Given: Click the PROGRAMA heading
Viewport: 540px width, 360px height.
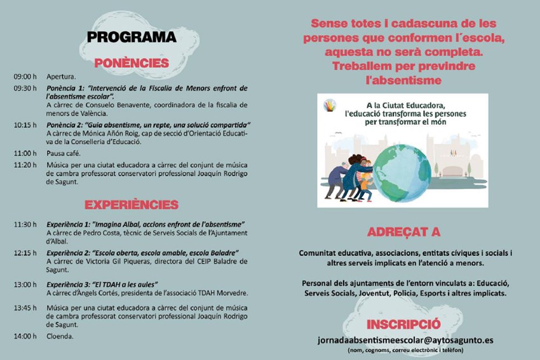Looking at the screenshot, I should [132, 37].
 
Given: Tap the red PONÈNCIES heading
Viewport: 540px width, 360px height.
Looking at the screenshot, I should [132, 63].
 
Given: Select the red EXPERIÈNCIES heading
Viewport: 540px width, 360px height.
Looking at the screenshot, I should [132, 204].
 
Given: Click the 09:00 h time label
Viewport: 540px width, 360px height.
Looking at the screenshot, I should [25, 77].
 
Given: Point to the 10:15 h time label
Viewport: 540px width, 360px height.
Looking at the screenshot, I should [25, 124].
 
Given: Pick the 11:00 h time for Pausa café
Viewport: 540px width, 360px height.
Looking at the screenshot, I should [25, 153].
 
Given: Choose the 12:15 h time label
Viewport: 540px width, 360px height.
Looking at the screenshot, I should [25, 253].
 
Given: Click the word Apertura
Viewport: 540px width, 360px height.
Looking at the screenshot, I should [61, 77].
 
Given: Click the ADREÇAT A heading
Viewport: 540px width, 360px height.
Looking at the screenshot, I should [403, 232].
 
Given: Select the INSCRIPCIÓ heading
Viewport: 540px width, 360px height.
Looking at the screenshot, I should [403, 322].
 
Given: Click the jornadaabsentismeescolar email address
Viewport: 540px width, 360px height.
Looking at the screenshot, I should [405, 340].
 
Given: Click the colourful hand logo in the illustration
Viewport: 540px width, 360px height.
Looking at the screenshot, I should [328, 105].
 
